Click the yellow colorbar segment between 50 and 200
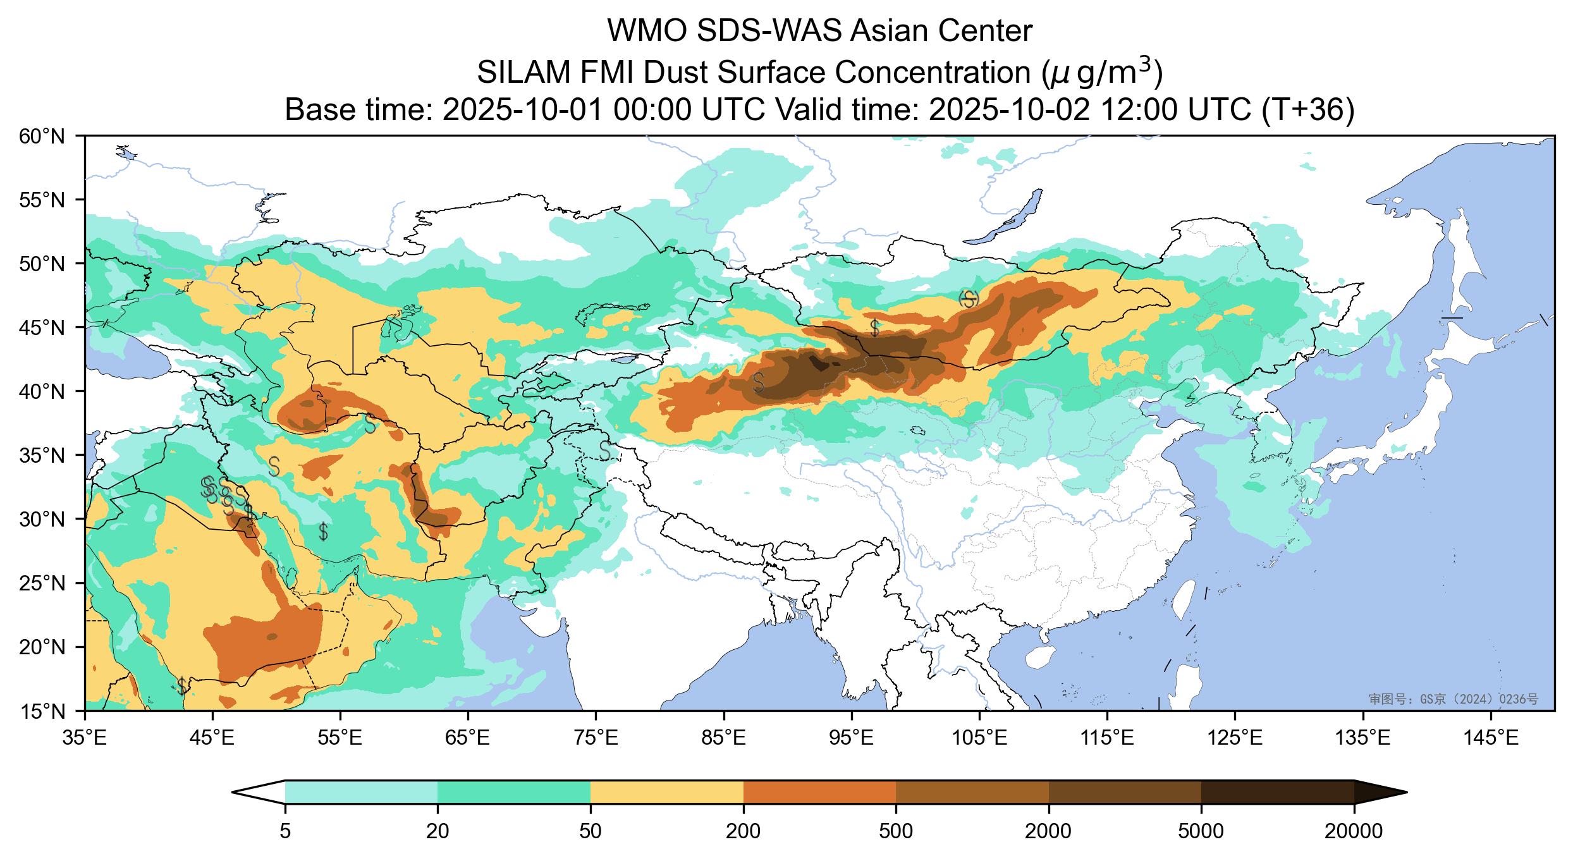(x=666, y=792)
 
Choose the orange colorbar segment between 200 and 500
(x=819, y=792)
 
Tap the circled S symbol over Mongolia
(x=969, y=299)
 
